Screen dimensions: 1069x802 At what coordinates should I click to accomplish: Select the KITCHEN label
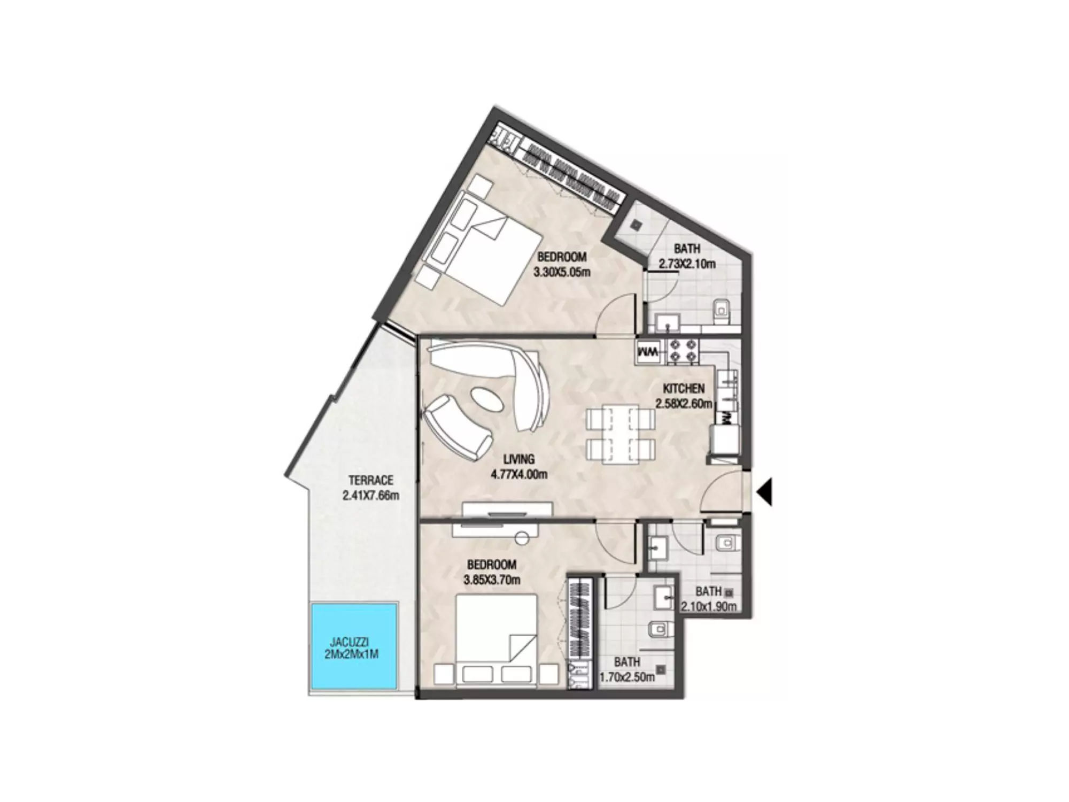point(684,389)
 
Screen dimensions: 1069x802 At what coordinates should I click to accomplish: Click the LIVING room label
point(519,459)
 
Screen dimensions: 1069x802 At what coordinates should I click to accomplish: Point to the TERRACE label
point(371,481)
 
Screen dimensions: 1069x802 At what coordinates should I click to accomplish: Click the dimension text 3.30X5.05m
point(562,272)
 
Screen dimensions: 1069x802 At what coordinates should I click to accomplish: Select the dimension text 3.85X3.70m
point(492,579)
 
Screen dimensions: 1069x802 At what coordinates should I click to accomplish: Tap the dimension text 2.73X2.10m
point(687,264)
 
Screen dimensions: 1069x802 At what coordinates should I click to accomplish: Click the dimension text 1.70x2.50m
point(627,677)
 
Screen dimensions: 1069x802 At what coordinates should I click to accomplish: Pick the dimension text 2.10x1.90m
point(709,606)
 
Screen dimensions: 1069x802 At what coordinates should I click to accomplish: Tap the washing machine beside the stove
point(648,352)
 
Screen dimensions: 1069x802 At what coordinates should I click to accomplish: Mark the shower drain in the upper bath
point(636,225)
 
